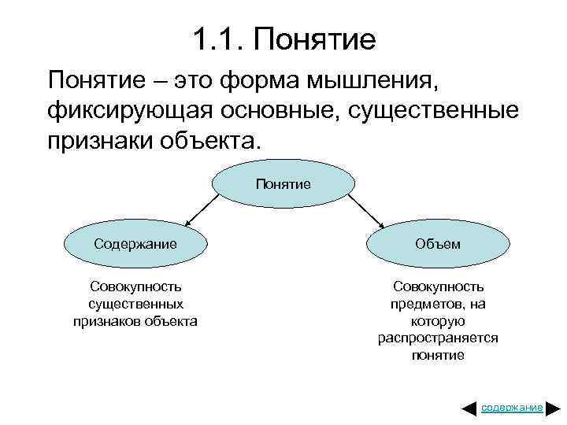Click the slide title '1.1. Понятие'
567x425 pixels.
(283, 39)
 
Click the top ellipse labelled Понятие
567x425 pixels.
(283, 184)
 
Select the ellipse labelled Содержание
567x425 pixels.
(135, 243)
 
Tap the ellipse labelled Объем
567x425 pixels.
(438, 243)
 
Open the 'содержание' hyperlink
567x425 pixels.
(512, 408)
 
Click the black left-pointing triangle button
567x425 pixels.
(469, 408)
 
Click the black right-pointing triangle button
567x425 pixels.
(553, 408)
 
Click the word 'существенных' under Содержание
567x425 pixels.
(136, 304)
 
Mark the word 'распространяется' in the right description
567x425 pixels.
(438, 338)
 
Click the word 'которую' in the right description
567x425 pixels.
(438, 321)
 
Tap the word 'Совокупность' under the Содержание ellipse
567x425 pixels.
(136, 287)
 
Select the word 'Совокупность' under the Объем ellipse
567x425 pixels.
(438, 287)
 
